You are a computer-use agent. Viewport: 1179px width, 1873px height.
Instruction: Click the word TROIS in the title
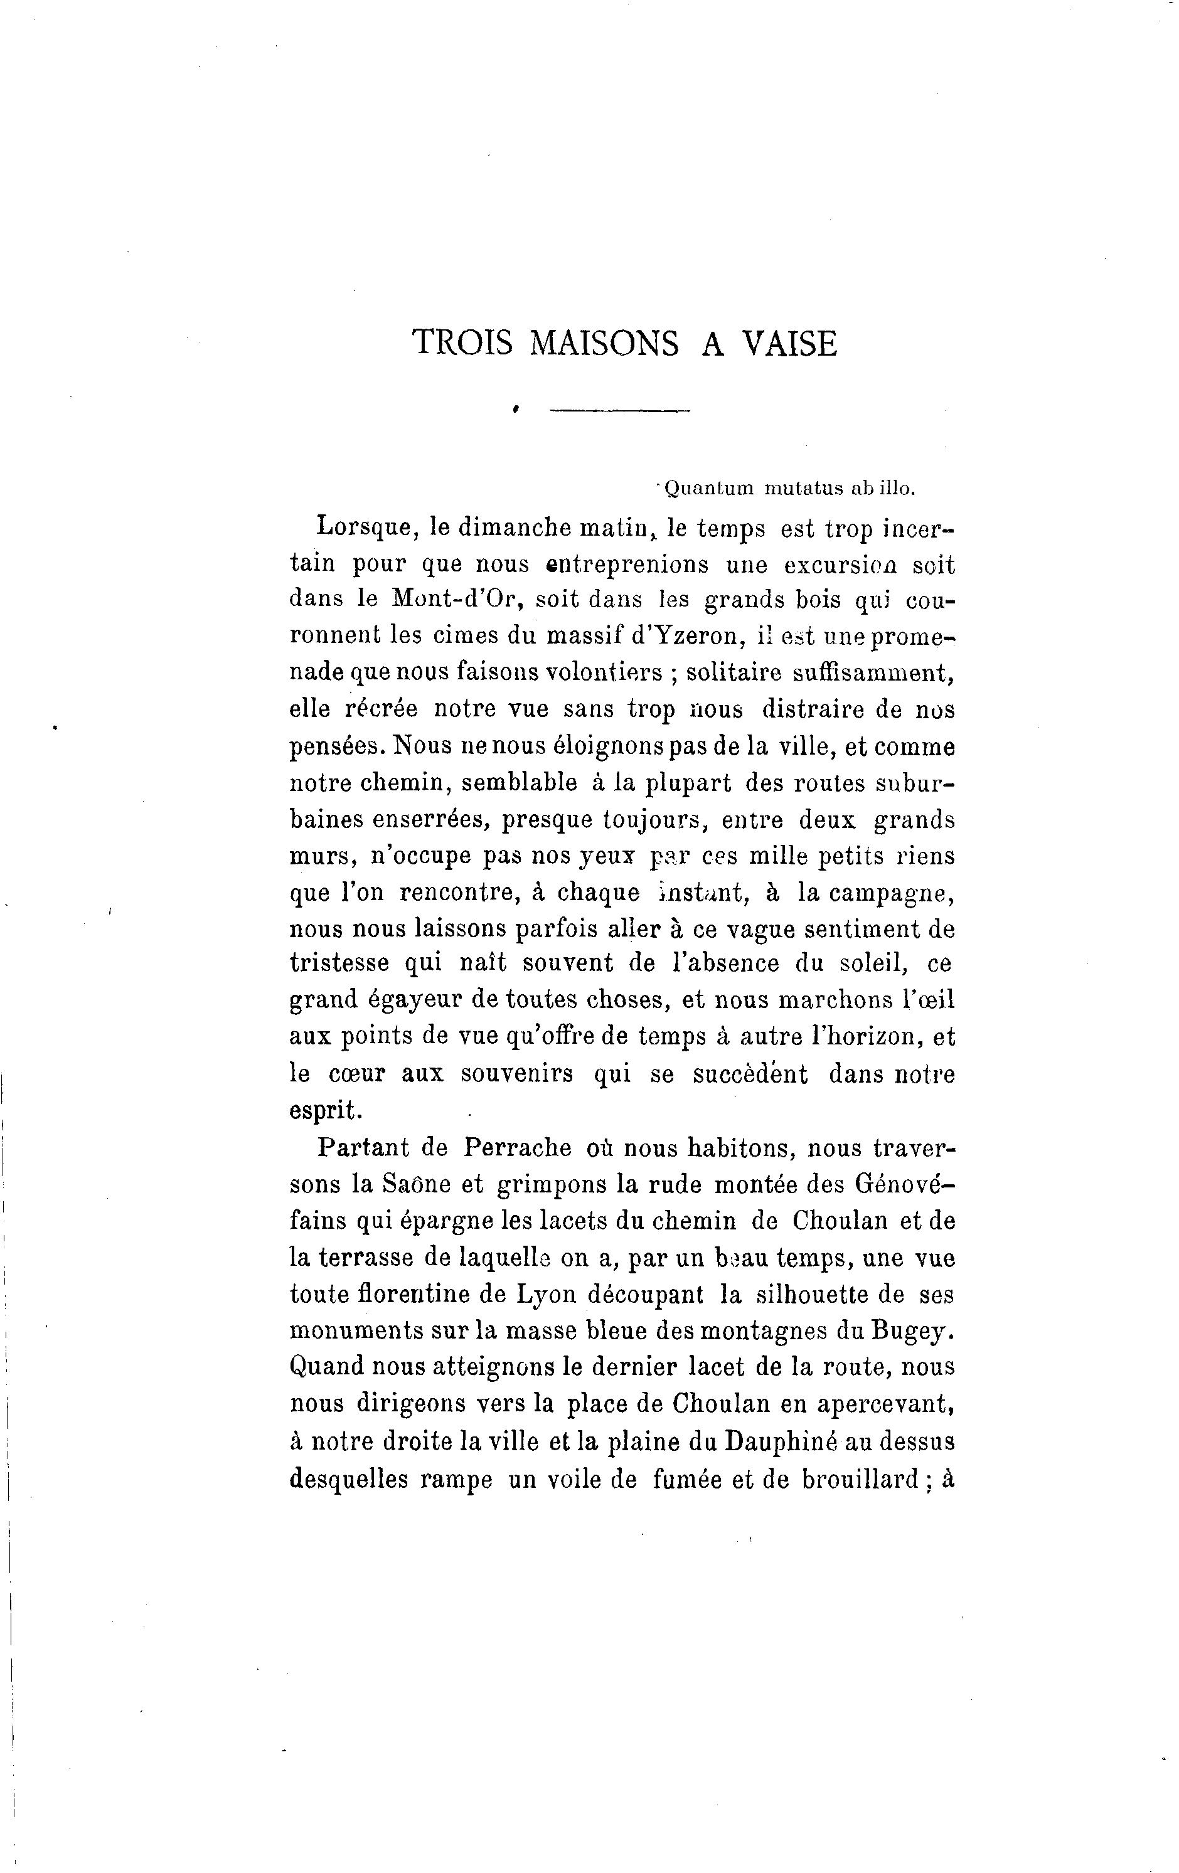(462, 343)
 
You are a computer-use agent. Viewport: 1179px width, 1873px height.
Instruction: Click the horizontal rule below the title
(619, 410)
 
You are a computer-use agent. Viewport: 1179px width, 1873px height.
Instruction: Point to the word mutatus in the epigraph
(803, 489)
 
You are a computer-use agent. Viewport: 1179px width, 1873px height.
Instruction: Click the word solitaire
(728, 672)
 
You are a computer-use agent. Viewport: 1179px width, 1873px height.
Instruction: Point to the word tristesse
(339, 963)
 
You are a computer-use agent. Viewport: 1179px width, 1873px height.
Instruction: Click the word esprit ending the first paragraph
(324, 1110)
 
